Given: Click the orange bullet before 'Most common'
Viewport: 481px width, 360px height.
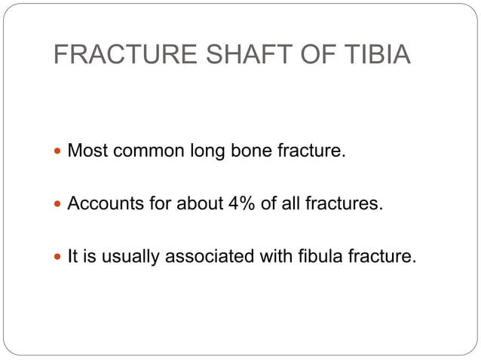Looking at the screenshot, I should (x=59, y=151).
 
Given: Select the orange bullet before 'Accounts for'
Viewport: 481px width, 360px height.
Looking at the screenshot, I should (x=59, y=204).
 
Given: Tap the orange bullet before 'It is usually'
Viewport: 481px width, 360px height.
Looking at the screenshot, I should (x=59, y=257).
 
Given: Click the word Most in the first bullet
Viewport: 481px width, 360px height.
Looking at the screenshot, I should (x=85, y=151).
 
